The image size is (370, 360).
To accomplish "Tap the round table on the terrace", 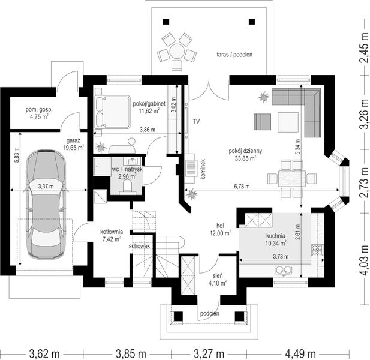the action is pyautogui.click(x=177, y=50).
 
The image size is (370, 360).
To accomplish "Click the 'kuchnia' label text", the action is pyautogui.click(x=276, y=235).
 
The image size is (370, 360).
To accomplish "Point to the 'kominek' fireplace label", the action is pyautogui.click(x=203, y=169).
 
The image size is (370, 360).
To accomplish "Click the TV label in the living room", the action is pyautogui.click(x=196, y=122).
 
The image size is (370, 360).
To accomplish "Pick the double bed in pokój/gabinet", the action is pyautogui.click(x=113, y=112).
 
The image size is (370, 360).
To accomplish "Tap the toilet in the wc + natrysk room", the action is pyautogui.click(x=128, y=186).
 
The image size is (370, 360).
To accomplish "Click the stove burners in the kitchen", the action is pyautogui.click(x=318, y=250).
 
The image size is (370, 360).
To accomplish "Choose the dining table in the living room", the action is pyautogui.click(x=292, y=178).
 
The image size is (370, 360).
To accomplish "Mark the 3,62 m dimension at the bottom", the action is pyautogui.click(x=44, y=354).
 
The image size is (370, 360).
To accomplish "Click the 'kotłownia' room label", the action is pyautogui.click(x=111, y=232).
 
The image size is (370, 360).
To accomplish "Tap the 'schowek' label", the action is pyautogui.click(x=140, y=246).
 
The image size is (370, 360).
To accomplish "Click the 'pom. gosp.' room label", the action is pyautogui.click(x=39, y=110).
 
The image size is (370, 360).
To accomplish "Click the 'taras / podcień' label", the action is pyautogui.click(x=234, y=55).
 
